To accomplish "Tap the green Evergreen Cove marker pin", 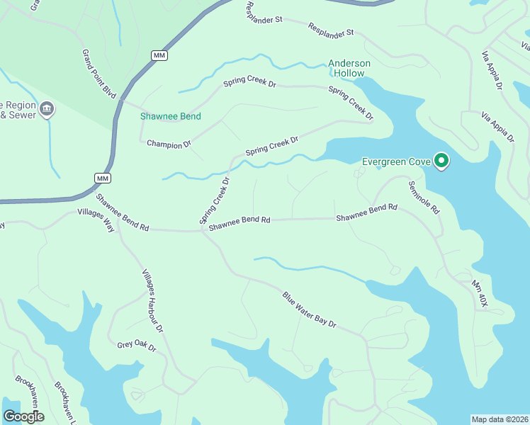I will click(x=441, y=161).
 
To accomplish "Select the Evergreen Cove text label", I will click(x=396, y=161).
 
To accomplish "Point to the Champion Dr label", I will click(x=169, y=144).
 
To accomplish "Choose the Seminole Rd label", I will click(x=424, y=198).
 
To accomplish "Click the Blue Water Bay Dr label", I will click(x=309, y=309).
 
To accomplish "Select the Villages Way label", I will click(x=96, y=215).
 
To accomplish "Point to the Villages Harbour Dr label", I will click(x=152, y=301).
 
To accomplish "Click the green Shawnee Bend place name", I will click(x=170, y=116).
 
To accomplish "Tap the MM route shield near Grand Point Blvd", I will click(x=159, y=55).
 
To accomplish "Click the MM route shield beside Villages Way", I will click(x=103, y=178).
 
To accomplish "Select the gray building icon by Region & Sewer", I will click(x=47, y=108).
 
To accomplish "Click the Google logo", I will click(x=23, y=416).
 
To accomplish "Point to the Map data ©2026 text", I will click(x=500, y=419).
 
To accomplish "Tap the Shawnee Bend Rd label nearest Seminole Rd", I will click(x=366, y=212).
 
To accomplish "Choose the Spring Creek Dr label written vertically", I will click(x=215, y=200).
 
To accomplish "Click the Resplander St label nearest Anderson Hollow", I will click(x=330, y=30).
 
